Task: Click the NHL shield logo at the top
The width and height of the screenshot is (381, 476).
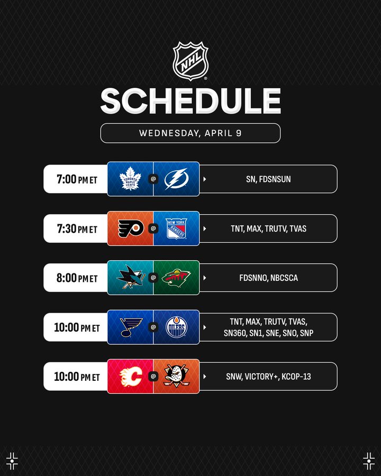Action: click(x=190, y=61)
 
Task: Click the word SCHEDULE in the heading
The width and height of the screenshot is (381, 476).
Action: click(x=190, y=101)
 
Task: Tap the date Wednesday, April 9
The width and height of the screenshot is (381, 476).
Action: click(x=190, y=133)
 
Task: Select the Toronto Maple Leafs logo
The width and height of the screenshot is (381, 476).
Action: click(x=130, y=179)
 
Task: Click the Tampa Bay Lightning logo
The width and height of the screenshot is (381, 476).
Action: click(x=177, y=179)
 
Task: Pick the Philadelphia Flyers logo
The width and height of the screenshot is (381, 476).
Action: click(x=131, y=228)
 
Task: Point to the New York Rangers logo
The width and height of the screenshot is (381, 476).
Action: click(x=177, y=228)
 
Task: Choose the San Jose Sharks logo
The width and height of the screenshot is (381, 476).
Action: click(x=131, y=277)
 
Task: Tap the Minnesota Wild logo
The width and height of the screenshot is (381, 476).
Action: click(x=177, y=278)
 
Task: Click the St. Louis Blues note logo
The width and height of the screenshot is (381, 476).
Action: click(x=131, y=327)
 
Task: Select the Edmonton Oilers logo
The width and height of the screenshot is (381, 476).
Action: click(x=177, y=327)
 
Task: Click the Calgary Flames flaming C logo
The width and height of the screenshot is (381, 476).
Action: click(x=131, y=377)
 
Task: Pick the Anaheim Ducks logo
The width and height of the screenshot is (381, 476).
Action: click(x=177, y=377)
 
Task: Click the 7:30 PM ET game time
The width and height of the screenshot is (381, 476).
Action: click(x=77, y=228)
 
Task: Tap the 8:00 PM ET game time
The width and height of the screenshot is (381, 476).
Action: click(x=77, y=278)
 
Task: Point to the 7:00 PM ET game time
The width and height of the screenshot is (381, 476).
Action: click(x=77, y=179)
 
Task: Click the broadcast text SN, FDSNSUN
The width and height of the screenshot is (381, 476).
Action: click(x=268, y=179)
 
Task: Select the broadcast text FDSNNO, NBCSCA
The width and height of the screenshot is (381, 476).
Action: click(x=268, y=278)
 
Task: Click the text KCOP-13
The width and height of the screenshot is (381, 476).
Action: click(x=296, y=377)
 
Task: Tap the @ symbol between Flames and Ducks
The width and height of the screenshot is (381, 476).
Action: click(x=153, y=377)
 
